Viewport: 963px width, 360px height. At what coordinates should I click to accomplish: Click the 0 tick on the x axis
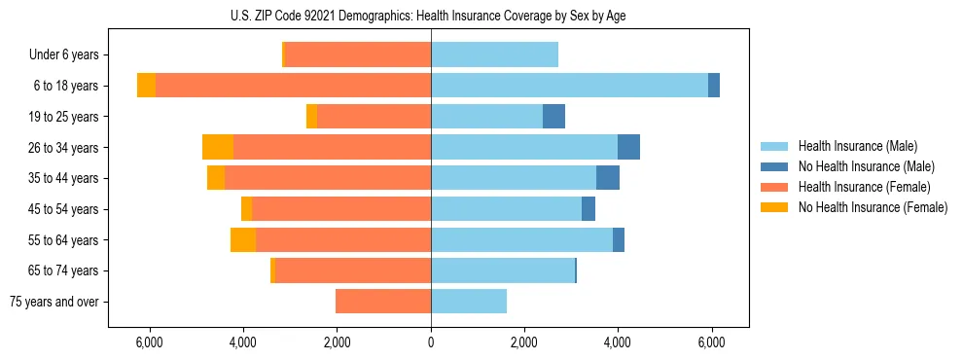click(x=431, y=343)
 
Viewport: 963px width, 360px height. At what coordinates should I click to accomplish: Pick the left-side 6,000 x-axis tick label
click(x=149, y=343)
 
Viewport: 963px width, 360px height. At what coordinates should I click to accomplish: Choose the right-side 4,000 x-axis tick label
click(x=618, y=343)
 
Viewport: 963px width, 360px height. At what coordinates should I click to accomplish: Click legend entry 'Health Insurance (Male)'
click(x=857, y=146)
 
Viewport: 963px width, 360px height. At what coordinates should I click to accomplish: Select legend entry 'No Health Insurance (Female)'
click(x=873, y=207)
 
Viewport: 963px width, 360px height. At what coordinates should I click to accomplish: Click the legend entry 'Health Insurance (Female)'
click(x=864, y=187)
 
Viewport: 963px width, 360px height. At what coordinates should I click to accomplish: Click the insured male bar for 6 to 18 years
click(x=569, y=86)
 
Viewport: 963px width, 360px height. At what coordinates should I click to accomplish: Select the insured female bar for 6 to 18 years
click(x=293, y=86)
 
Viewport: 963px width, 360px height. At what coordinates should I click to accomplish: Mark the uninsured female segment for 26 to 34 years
click(x=218, y=147)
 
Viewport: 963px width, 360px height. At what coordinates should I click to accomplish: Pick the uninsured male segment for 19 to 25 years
click(x=553, y=117)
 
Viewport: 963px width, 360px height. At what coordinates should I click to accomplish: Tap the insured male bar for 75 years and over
click(x=469, y=302)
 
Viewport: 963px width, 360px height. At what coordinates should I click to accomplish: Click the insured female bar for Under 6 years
click(x=357, y=55)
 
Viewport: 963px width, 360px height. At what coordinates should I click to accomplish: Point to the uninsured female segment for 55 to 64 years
click(x=243, y=239)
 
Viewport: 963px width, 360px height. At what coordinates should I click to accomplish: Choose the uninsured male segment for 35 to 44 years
click(x=608, y=178)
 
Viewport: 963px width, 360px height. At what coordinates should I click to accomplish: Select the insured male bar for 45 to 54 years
click(x=506, y=209)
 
